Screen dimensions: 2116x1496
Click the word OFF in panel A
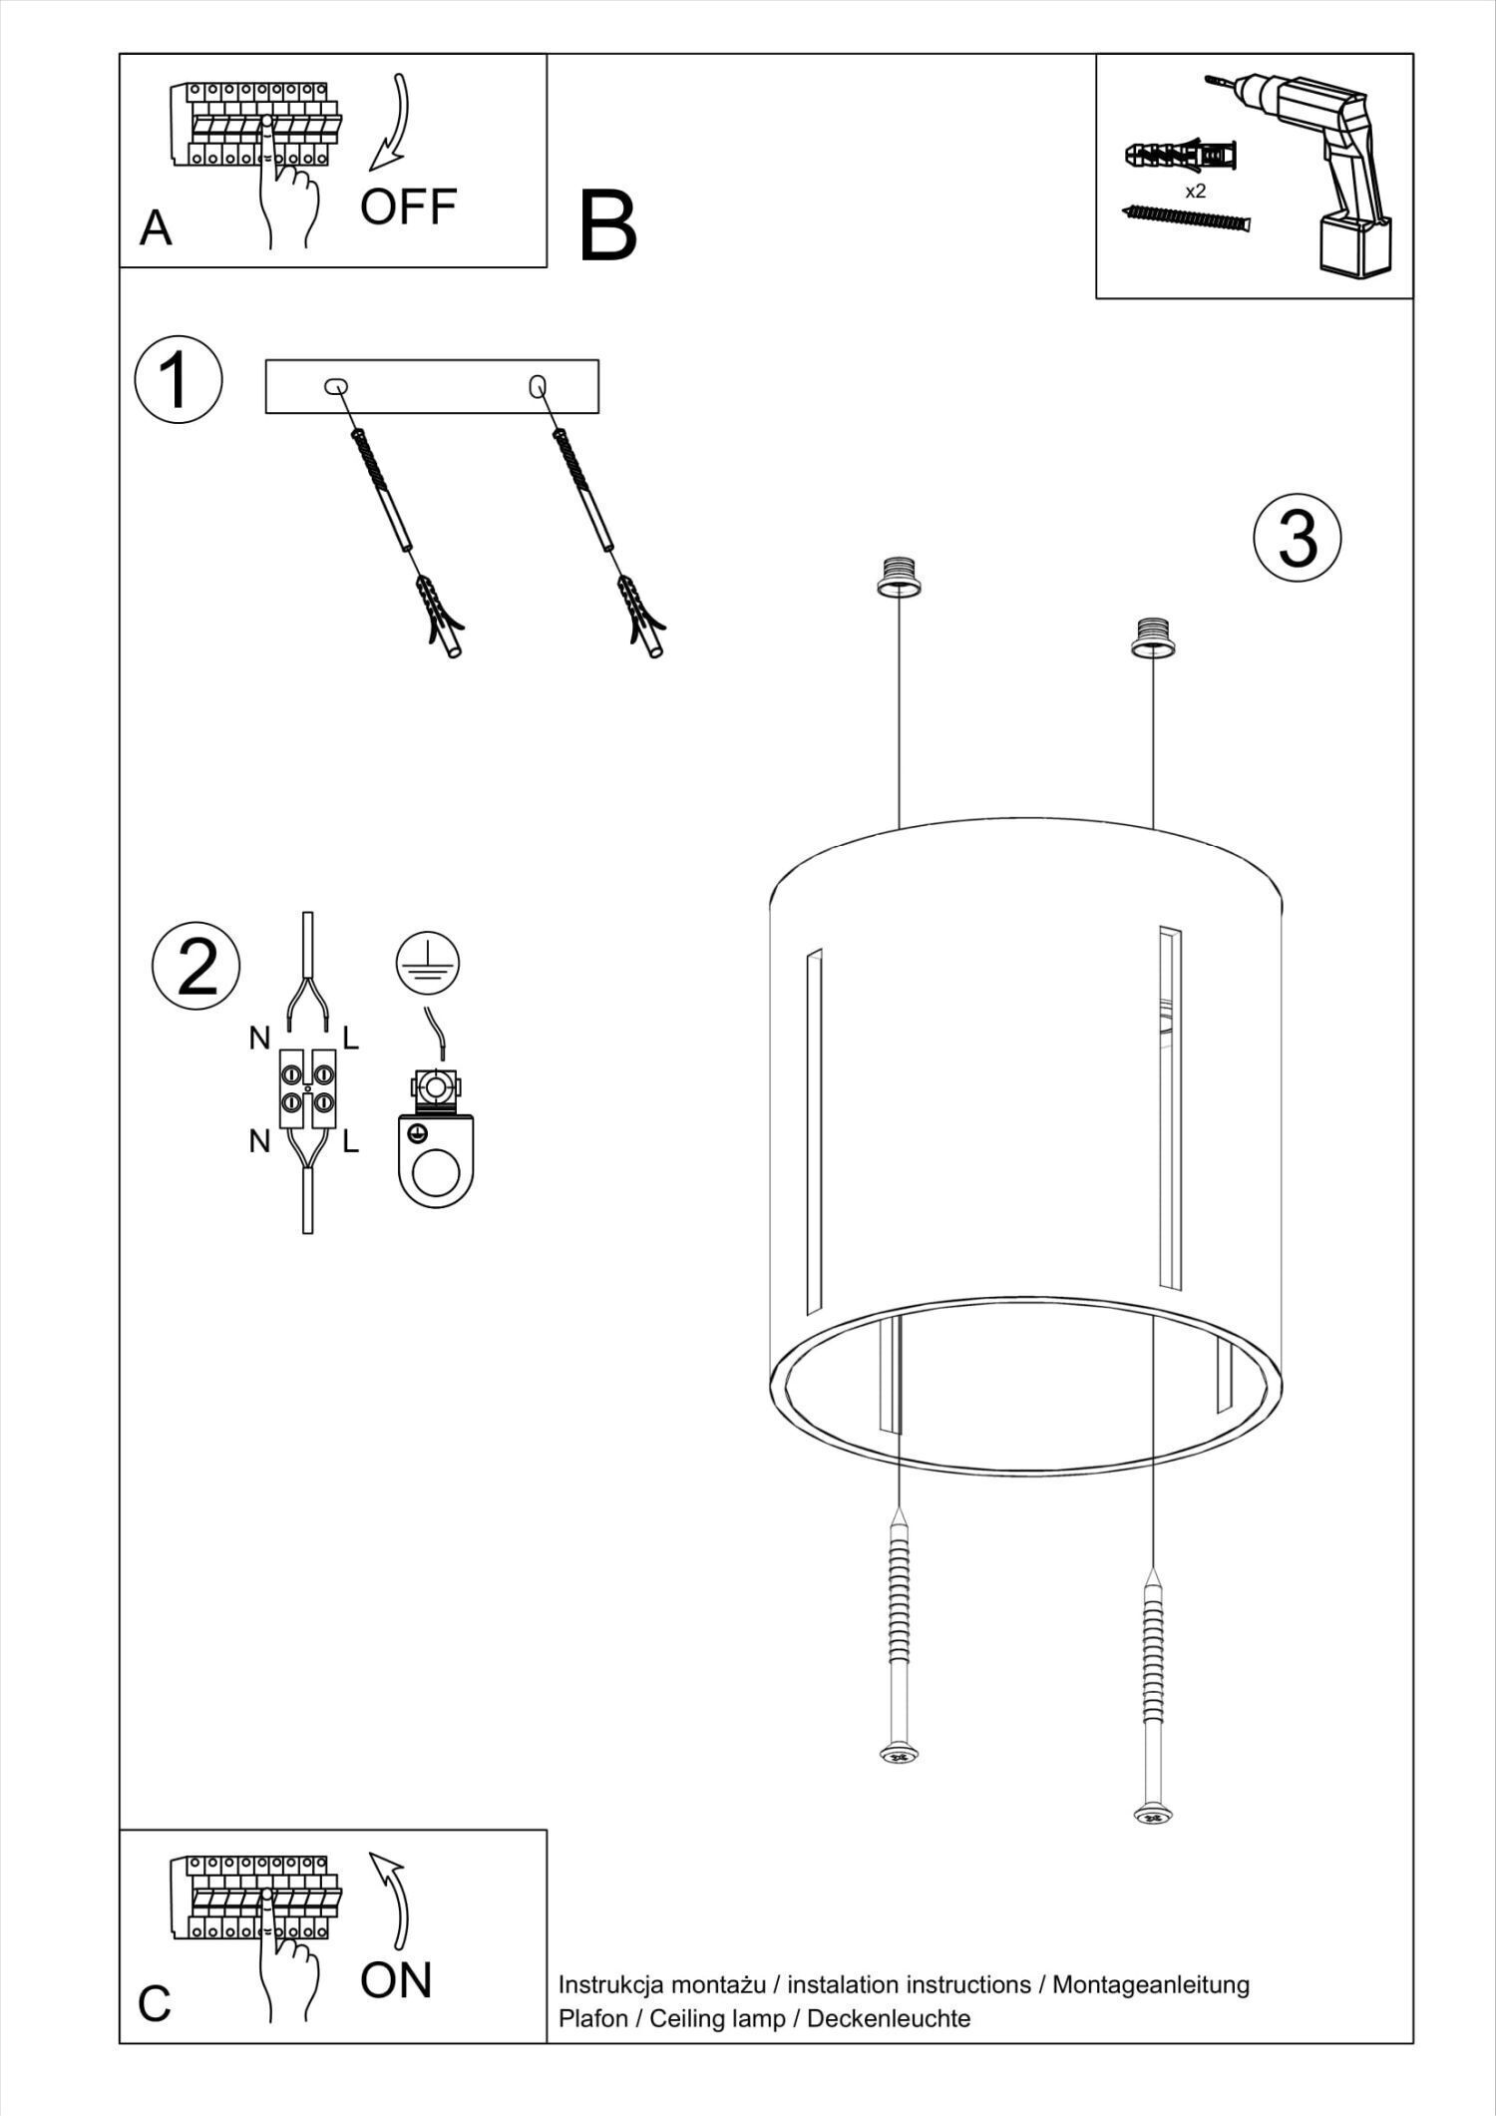pos(408,208)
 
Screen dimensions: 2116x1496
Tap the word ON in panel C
pos(396,1980)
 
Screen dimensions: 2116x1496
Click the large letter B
pos(607,227)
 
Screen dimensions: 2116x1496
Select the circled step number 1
pos(179,379)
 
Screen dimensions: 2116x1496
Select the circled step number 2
pos(196,966)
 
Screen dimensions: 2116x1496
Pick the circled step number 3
pos(1297,538)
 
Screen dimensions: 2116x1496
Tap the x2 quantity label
pos(1195,192)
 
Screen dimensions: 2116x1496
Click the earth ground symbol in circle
pos(427,963)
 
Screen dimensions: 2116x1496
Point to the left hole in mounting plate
pos(336,386)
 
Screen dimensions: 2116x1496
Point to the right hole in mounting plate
pos(538,385)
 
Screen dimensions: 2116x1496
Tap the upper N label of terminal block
pos(259,1039)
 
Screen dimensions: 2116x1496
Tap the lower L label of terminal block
pos(350,1141)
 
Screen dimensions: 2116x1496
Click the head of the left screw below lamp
pos(899,1754)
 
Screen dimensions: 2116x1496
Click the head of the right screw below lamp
pos(1152,1816)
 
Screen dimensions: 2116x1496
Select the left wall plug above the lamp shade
pos(899,576)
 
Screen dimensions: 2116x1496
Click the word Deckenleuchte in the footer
pos(888,2018)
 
